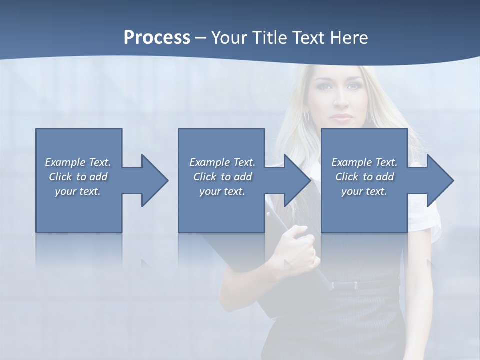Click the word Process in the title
[x=157, y=37]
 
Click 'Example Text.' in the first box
[x=78, y=162]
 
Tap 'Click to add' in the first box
[x=78, y=177]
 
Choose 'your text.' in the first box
[x=78, y=191]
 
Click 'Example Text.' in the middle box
[x=222, y=162]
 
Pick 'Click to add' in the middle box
[x=222, y=177]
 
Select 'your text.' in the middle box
[x=222, y=191]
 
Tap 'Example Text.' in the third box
[x=364, y=162]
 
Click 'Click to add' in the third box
[x=364, y=177]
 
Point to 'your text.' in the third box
[x=364, y=191]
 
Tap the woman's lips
[x=342, y=118]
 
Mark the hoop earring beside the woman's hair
[x=307, y=117]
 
